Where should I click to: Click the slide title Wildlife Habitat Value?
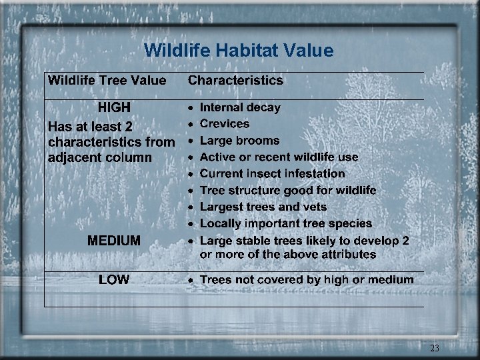pyautogui.click(x=239, y=50)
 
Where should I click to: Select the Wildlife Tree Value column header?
pyautogui.click(x=107, y=81)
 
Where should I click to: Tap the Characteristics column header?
pyautogui.click(x=235, y=81)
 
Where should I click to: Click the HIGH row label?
pyautogui.click(x=114, y=108)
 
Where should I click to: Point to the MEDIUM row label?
pyautogui.click(x=114, y=241)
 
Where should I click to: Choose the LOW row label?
pyautogui.click(x=114, y=280)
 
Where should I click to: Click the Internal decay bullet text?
pyautogui.click(x=240, y=107)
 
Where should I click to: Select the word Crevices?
pyautogui.click(x=225, y=124)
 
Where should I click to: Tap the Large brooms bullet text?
pyautogui.click(x=239, y=141)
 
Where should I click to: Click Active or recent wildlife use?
pyautogui.click(x=279, y=157)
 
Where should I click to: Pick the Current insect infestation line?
pyautogui.click(x=272, y=174)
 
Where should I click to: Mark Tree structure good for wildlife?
pyautogui.click(x=288, y=191)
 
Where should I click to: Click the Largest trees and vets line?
pyautogui.click(x=263, y=207)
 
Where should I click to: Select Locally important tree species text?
pyautogui.click(x=285, y=224)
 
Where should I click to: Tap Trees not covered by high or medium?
pyautogui.click(x=307, y=280)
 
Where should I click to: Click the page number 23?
pyautogui.click(x=435, y=348)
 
